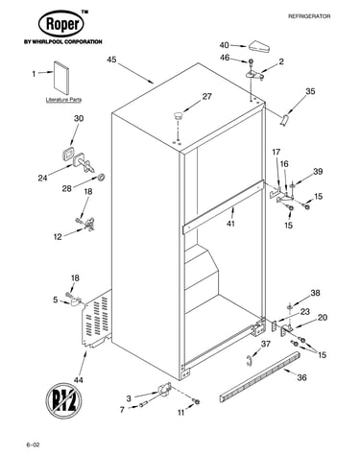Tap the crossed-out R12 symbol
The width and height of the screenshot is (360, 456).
(63, 400)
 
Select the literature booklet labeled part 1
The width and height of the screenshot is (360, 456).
(60, 78)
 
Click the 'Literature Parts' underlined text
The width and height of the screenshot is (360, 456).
(63, 100)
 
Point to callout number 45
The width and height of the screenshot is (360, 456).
(111, 60)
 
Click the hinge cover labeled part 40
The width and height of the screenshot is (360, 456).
(259, 46)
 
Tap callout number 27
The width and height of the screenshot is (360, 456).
(206, 96)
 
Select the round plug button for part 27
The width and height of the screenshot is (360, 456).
(178, 115)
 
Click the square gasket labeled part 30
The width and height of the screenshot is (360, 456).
(67, 154)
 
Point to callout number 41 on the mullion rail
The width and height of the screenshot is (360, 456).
(230, 223)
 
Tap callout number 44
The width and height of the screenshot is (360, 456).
(79, 379)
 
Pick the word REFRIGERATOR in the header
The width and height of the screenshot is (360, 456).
(309, 16)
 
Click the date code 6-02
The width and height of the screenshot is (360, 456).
(33, 444)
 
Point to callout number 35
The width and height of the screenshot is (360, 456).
(310, 91)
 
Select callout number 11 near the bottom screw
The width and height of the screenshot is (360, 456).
(181, 413)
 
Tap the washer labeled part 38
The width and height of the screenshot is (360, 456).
(290, 307)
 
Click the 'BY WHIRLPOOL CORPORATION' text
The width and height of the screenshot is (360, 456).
(62, 41)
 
